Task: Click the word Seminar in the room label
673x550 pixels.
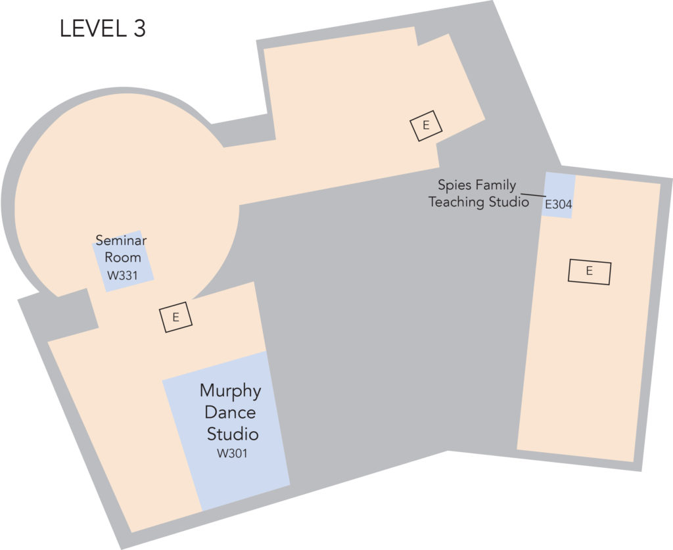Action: (121, 240)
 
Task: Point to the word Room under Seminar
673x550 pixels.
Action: (122, 257)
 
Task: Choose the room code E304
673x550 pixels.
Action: (558, 205)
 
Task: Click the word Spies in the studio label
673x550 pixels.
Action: (454, 185)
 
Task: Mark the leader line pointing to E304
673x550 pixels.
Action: (533, 195)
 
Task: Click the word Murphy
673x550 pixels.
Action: (230, 391)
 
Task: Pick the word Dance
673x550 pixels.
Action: (230, 413)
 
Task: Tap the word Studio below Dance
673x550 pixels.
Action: (233, 434)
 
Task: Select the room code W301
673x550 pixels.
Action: (233, 453)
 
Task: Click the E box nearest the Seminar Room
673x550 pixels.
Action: (176, 317)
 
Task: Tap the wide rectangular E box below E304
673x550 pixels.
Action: (590, 271)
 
